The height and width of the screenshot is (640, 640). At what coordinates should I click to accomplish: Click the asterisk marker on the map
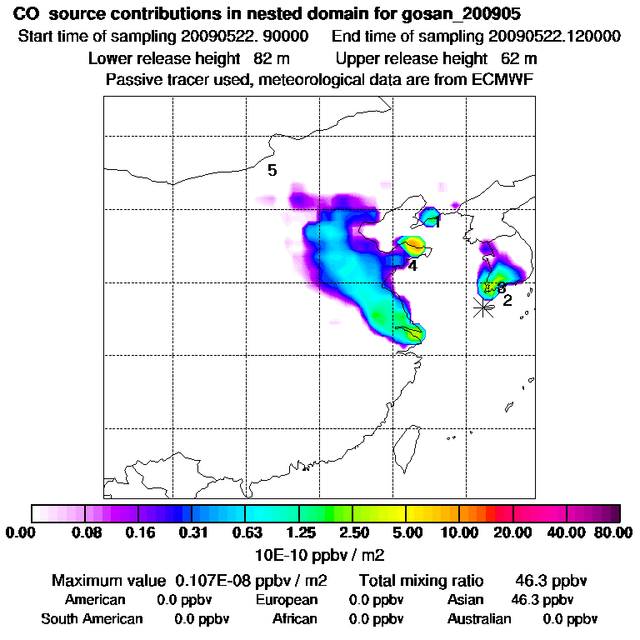(x=482, y=307)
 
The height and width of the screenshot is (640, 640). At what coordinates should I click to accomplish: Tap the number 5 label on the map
(x=272, y=171)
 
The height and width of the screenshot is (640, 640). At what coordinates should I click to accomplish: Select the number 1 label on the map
(x=437, y=222)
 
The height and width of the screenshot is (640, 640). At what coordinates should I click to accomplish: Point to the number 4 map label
(x=412, y=266)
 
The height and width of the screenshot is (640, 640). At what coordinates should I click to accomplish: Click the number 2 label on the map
(x=507, y=301)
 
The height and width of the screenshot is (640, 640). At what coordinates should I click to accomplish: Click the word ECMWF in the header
(x=503, y=79)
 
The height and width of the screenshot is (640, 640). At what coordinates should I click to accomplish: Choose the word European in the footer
(x=287, y=600)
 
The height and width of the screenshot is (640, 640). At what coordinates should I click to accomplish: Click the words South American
(x=92, y=619)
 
